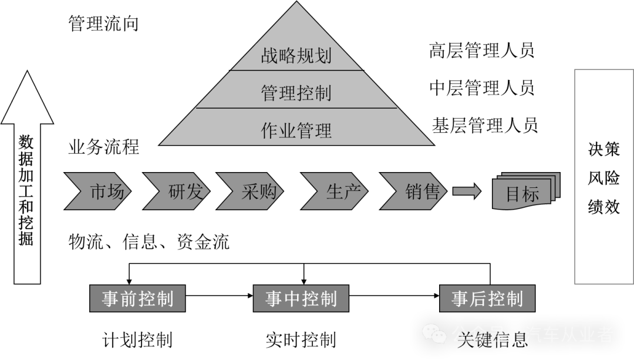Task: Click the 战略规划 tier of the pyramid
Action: (296, 55)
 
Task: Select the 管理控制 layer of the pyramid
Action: (296, 92)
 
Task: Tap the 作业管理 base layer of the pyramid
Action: (296, 129)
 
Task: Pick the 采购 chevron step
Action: (252, 191)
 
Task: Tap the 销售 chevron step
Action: (417, 191)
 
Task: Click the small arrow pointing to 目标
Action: (467, 191)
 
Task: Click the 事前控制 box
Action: (137, 298)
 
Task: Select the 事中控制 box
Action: (301, 298)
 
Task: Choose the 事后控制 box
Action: (487, 298)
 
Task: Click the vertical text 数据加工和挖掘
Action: (26, 191)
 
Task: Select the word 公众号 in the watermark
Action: (478, 335)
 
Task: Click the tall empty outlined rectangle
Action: (603, 176)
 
